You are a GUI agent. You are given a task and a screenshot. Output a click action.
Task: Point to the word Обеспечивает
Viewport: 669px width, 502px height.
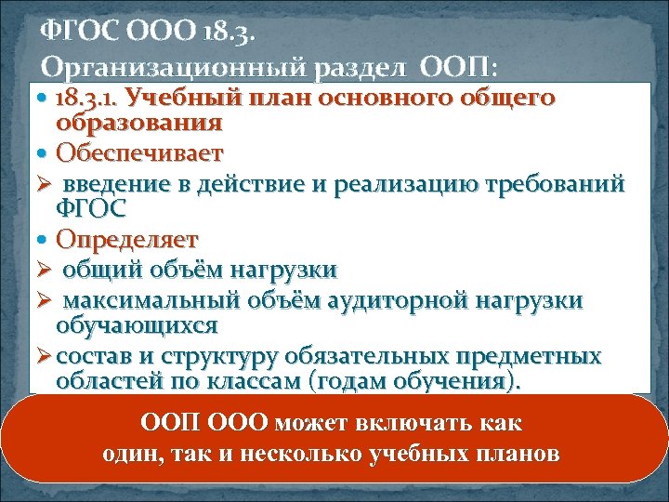[x=139, y=151]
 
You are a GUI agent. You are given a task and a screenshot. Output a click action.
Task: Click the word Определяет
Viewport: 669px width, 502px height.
[x=126, y=239]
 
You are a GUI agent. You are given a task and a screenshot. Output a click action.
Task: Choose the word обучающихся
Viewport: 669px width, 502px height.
[x=137, y=325]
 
